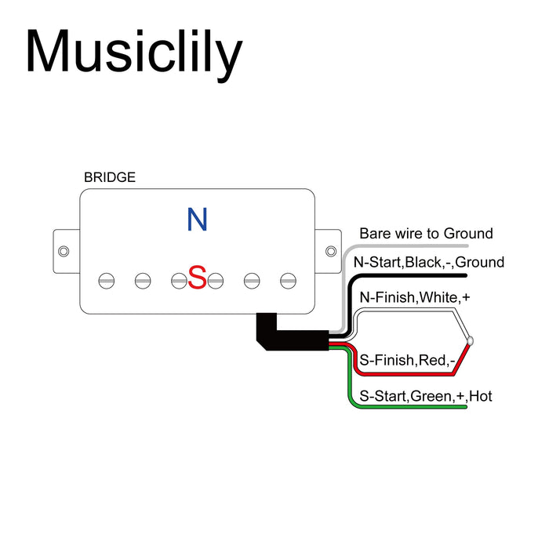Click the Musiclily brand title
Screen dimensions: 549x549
click(x=133, y=53)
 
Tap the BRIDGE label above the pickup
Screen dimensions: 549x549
click(x=109, y=177)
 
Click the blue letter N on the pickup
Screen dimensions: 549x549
click(x=197, y=220)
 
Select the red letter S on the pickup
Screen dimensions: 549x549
click(x=197, y=277)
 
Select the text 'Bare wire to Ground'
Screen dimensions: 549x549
click(x=426, y=234)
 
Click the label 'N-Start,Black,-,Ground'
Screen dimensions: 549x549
click(x=429, y=263)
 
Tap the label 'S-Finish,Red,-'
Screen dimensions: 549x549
click(x=407, y=361)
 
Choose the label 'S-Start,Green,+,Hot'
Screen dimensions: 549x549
click(x=426, y=396)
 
